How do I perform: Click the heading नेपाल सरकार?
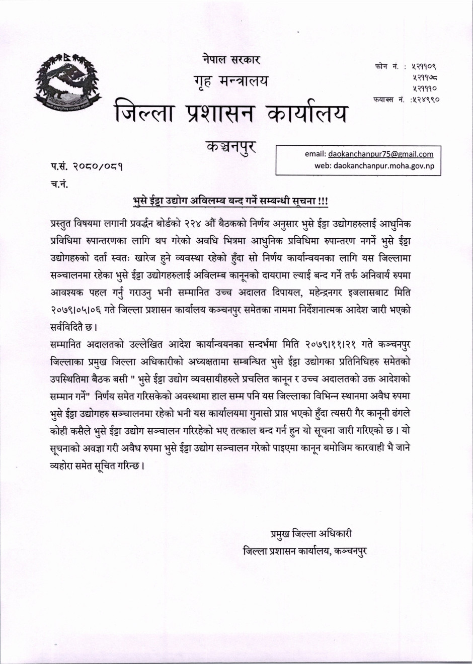[x=232, y=59]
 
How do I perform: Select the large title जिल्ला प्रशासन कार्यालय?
[x=230, y=112]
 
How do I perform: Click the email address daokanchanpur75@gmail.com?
[x=380, y=154]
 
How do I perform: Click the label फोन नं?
[x=386, y=66]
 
